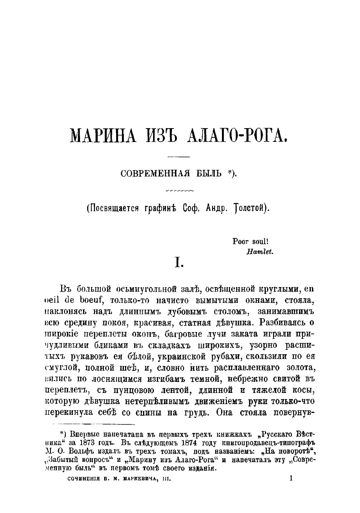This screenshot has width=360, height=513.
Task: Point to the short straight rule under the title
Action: point(179,157)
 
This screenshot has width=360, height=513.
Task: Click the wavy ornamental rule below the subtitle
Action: point(179,190)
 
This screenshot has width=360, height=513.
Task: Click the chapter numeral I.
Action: point(179,263)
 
